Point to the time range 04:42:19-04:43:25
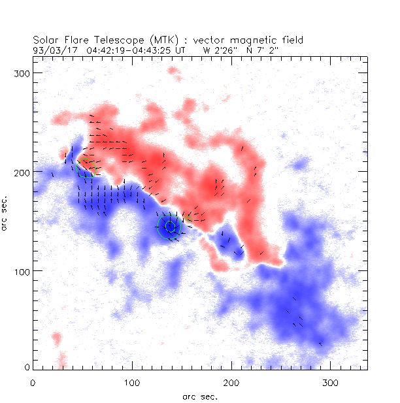(x=133, y=49)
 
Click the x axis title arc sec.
(x=199, y=395)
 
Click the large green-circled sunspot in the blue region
(x=170, y=226)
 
